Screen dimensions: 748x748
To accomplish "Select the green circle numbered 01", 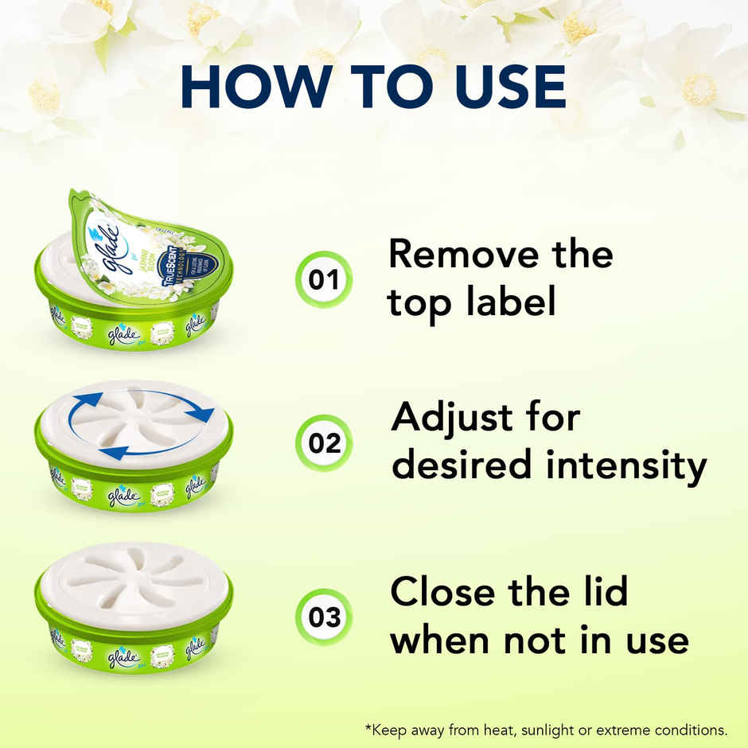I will pyautogui.click(x=324, y=280).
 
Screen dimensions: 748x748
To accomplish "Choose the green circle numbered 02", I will pyautogui.click(x=324, y=442).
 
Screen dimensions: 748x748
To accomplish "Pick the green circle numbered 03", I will pyautogui.click(x=324, y=617).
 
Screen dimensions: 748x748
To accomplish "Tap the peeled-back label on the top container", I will pyautogui.click(x=143, y=243).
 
